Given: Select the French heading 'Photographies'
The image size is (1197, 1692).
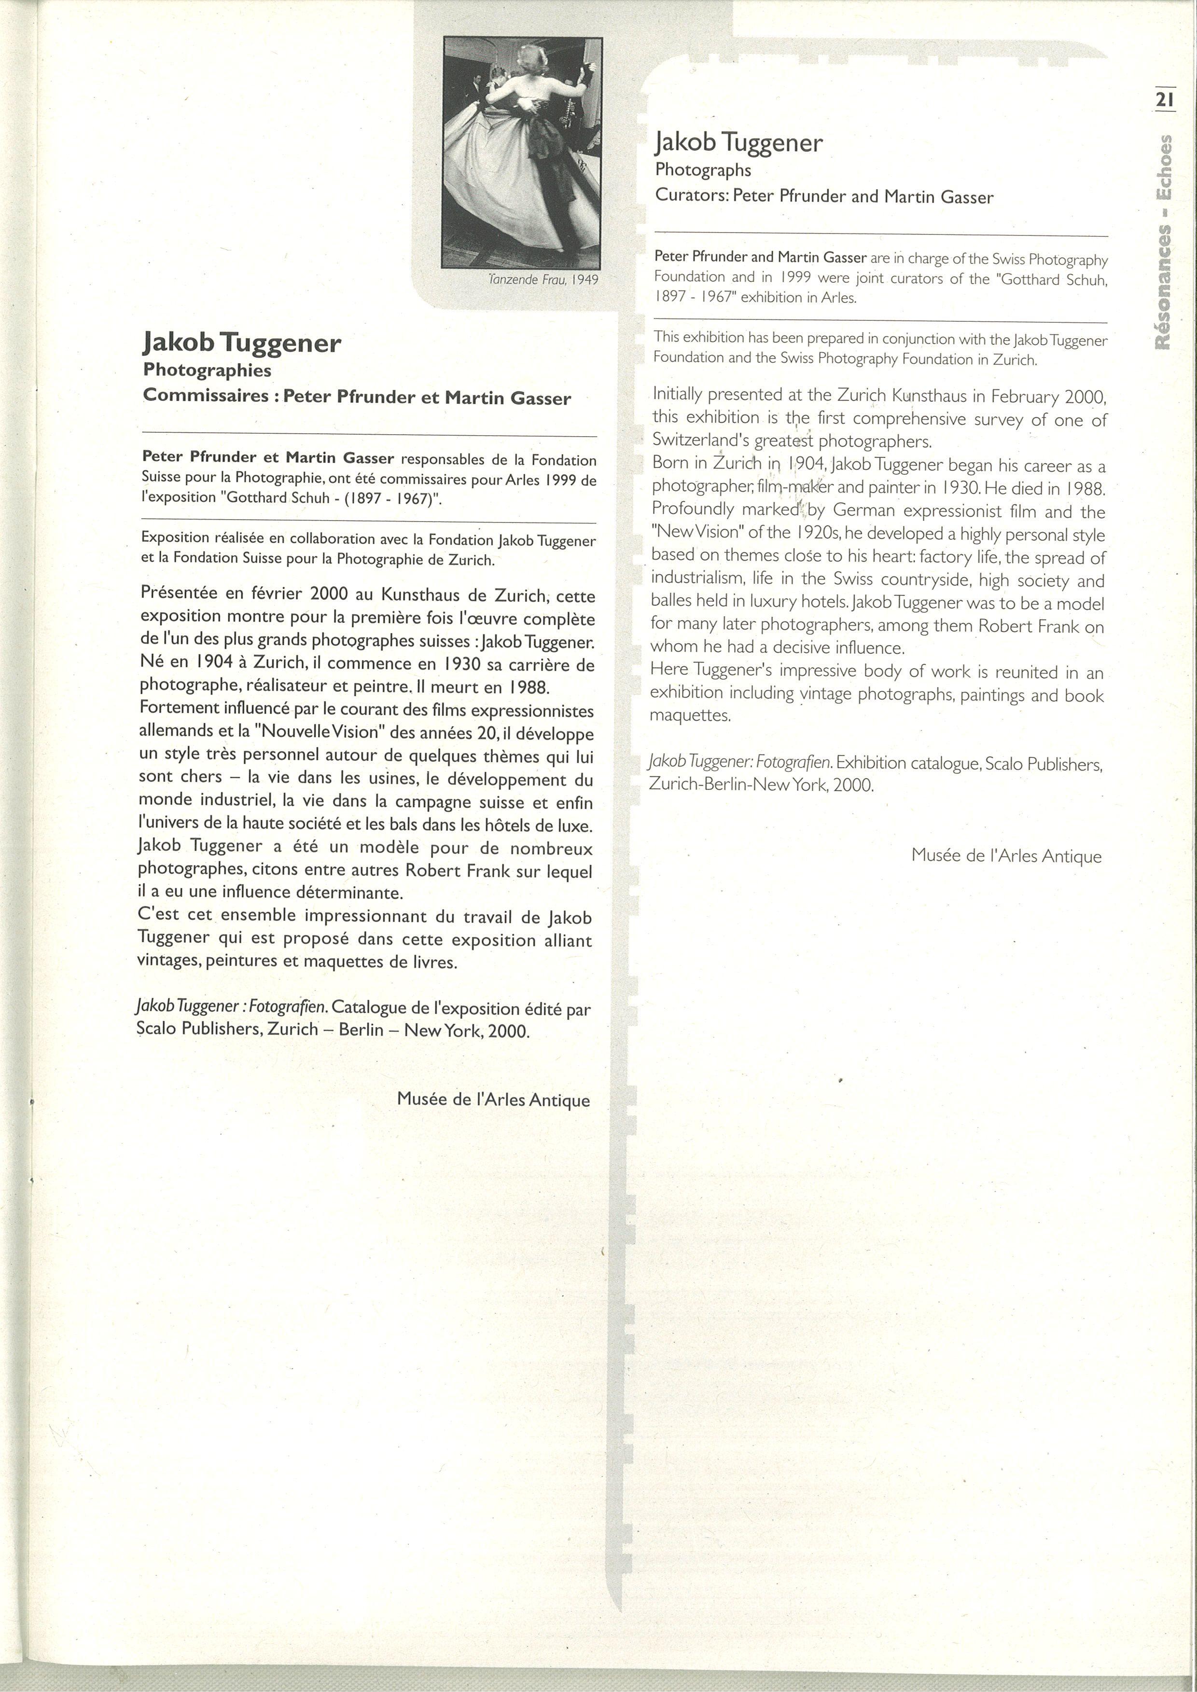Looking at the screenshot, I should click(207, 370).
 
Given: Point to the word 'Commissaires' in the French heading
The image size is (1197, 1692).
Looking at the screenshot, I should click(206, 395).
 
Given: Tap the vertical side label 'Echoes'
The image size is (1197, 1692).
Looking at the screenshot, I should click(1164, 167).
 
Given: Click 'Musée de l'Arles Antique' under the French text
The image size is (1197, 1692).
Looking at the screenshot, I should click(493, 1100).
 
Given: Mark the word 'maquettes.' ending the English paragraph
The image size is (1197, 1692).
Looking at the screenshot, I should click(690, 715).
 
